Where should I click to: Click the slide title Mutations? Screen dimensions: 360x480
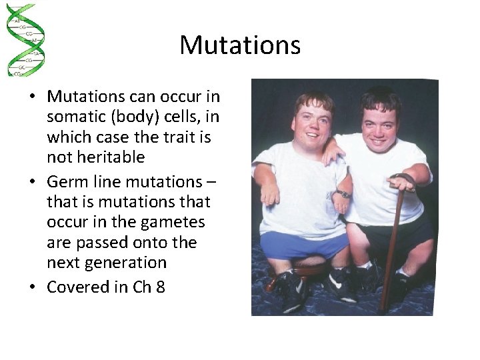pyautogui.click(x=240, y=45)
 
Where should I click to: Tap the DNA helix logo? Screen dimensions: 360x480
pyautogui.click(x=24, y=40)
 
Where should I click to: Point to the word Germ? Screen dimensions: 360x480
pyautogui.click(x=66, y=181)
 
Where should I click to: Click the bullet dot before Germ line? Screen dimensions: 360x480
pyautogui.click(x=33, y=181)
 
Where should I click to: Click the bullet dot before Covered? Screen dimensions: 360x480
pyautogui.click(x=33, y=287)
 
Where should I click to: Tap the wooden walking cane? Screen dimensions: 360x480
pyautogui.click(x=392, y=247)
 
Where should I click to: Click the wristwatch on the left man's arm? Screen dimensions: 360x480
pyautogui.click(x=343, y=194)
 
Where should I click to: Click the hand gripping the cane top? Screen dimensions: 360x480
pyautogui.click(x=401, y=181)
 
